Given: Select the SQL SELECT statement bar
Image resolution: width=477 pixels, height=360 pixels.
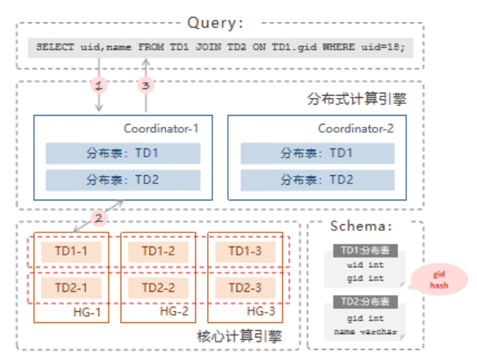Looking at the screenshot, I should (x=220, y=48).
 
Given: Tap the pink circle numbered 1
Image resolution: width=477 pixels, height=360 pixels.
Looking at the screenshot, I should (x=99, y=85).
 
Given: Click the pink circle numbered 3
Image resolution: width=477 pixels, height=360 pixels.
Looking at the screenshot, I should (x=146, y=85).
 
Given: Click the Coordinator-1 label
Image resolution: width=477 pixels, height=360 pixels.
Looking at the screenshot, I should (x=161, y=128).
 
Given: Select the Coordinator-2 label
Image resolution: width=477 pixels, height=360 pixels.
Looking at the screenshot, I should (x=356, y=128).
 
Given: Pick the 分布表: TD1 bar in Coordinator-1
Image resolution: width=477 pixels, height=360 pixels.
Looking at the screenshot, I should (x=123, y=154).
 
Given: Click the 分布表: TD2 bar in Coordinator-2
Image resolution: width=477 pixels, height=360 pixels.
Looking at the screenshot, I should (x=317, y=180).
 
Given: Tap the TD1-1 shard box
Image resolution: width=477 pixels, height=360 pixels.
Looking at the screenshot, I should (x=72, y=251).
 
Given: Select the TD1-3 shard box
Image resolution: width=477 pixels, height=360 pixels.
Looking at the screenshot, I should (x=244, y=251).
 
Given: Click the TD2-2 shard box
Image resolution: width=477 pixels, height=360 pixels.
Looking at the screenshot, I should (x=158, y=287).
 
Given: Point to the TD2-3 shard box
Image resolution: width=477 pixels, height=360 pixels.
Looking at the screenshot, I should (x=244, y=287).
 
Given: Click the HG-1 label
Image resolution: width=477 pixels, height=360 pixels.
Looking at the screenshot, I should (x=88, y=311).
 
